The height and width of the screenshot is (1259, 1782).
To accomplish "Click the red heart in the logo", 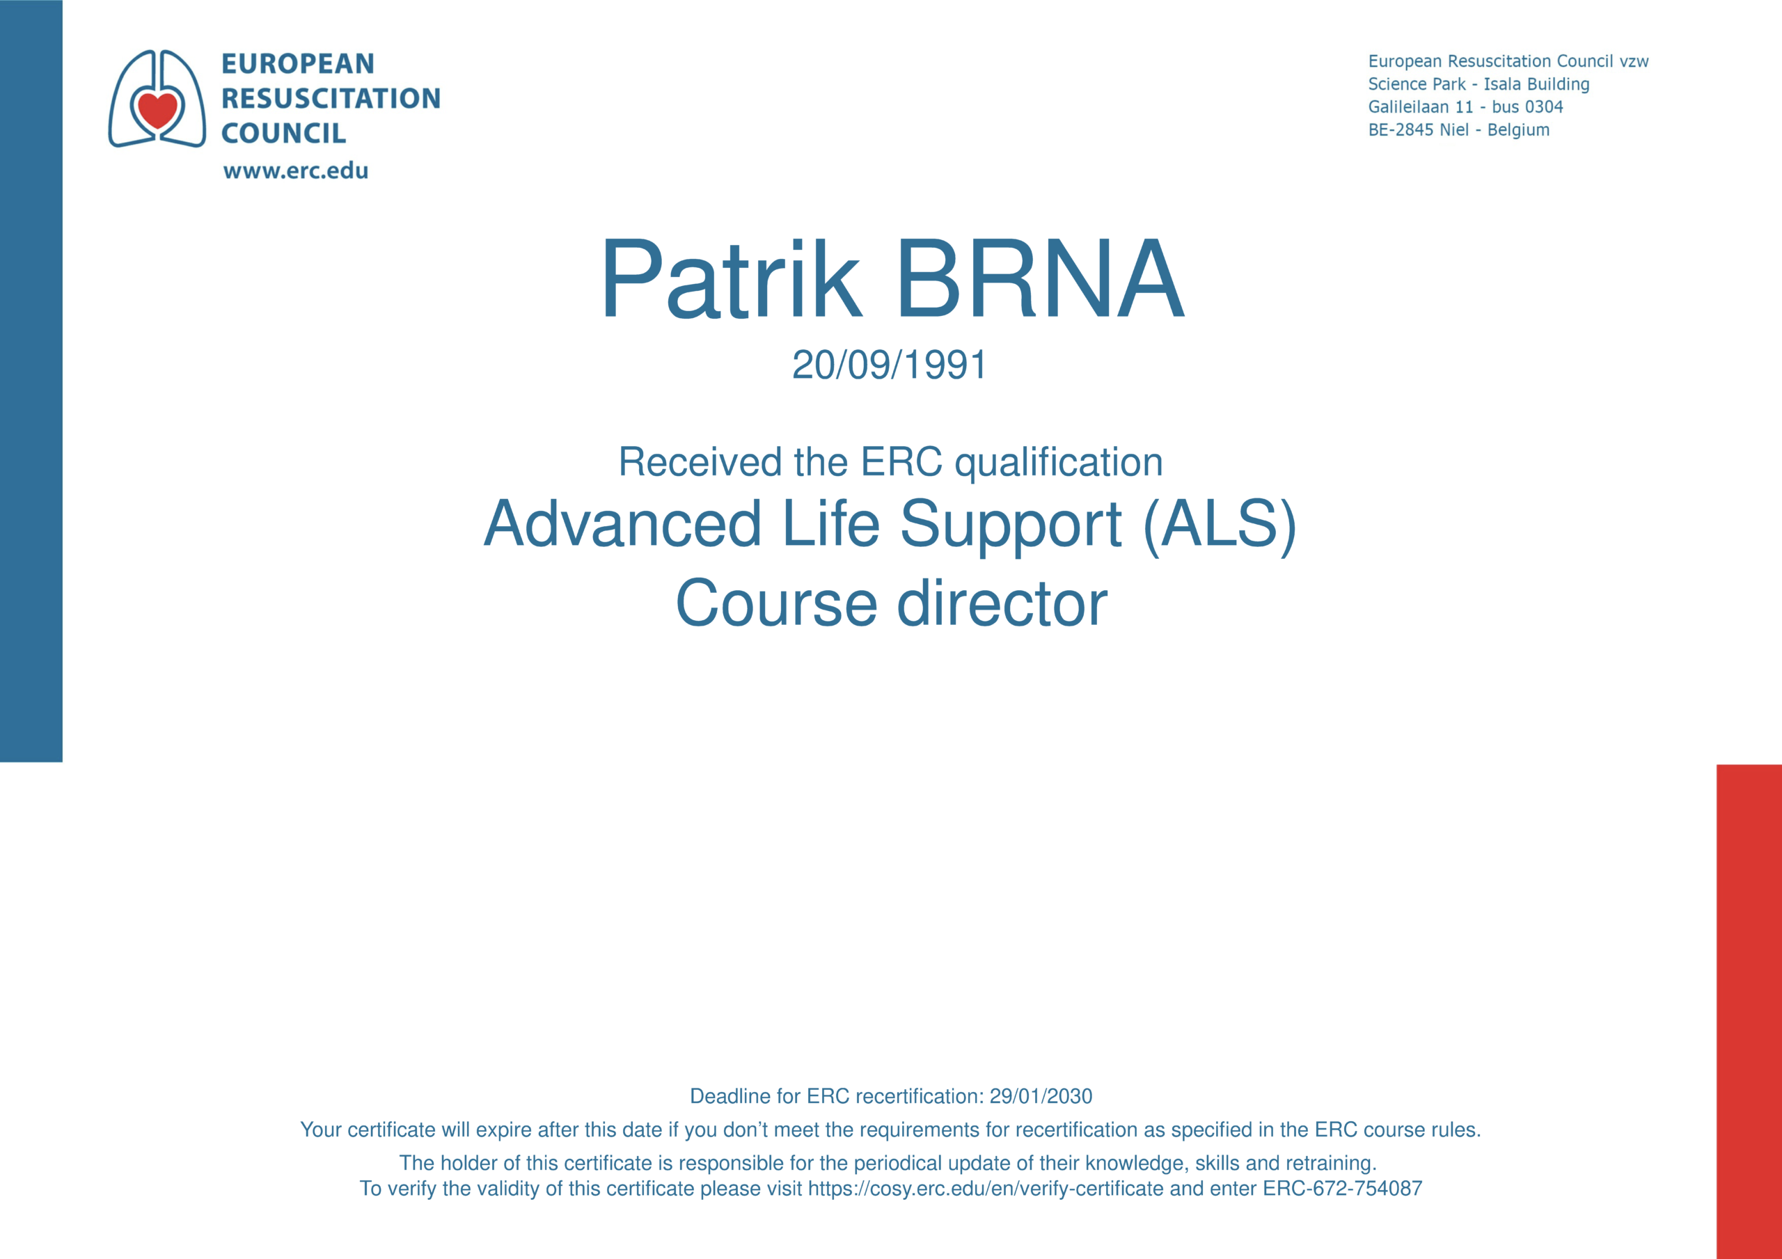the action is [x=157, y=108].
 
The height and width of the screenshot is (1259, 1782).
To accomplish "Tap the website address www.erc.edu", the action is [x=296, y=170].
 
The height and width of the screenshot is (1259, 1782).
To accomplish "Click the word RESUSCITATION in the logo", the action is [x=331, y=98].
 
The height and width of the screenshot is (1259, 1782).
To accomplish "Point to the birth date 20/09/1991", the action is [x=890, y=364].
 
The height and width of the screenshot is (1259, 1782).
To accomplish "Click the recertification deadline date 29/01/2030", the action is [x=1041, y=1096].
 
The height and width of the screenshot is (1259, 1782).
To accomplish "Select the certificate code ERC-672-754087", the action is [x=1342, y=1189].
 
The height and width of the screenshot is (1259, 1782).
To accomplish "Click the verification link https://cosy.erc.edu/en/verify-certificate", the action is [x=986, y=1189].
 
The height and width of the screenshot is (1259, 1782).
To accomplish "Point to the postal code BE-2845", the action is [x=1401, y=129].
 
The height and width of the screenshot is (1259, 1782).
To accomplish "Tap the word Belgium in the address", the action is [x=1518, y=129].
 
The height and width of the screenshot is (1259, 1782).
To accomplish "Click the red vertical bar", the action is [x=1749, y=1011].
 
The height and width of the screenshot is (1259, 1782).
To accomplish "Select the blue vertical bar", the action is [x=31, y=380].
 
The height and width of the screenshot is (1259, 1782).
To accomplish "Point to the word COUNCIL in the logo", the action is [x=284, y=133].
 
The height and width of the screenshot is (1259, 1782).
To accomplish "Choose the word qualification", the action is [x=1059, y=463].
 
